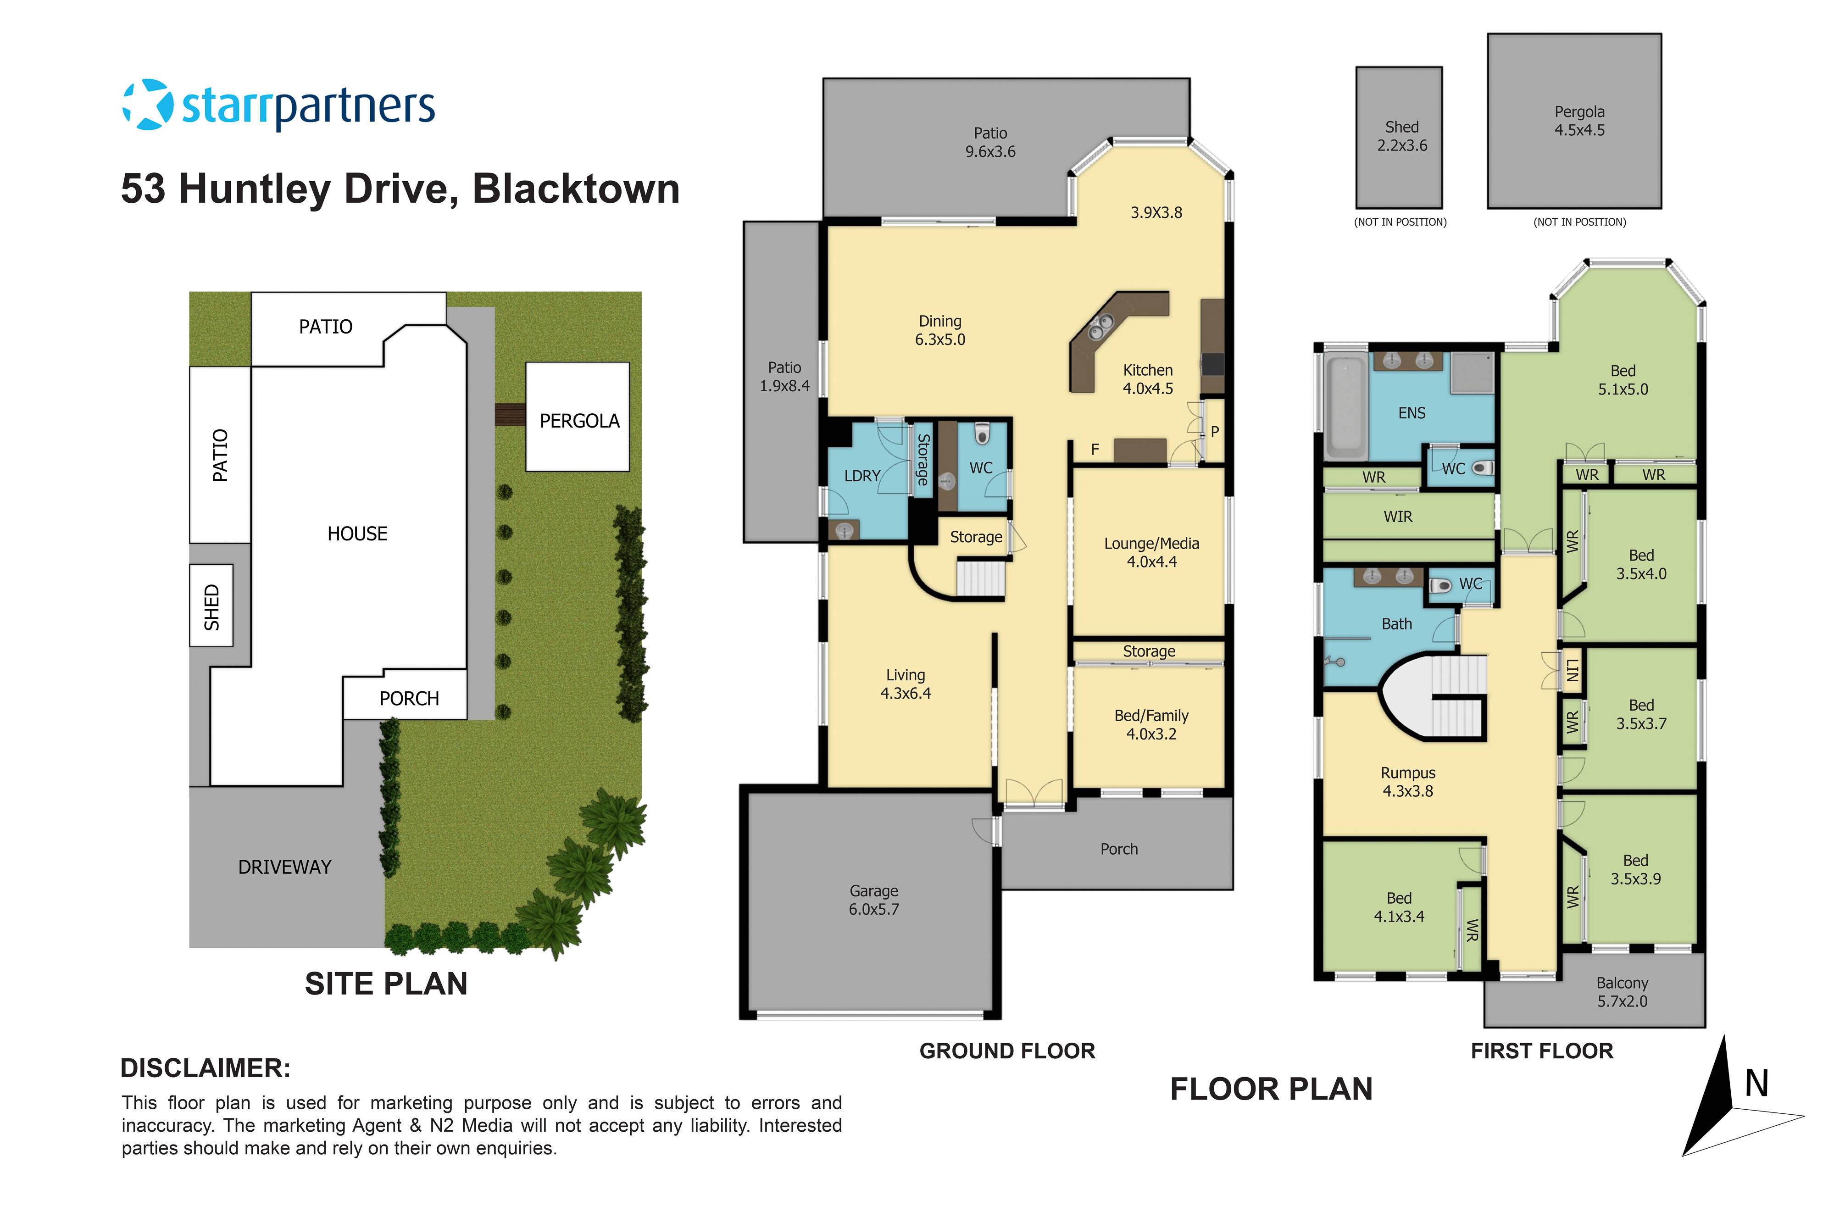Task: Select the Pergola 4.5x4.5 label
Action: click(1579, 121)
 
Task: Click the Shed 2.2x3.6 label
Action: click(1401, 136)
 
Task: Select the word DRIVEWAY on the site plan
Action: click(284, 867)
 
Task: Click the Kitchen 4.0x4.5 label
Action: click(1147, 379)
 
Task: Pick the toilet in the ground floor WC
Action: click(982, 434)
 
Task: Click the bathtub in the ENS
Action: click(1347, 406)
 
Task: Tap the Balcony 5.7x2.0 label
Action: click(1622, 992)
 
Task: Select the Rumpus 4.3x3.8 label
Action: click(1407, 782)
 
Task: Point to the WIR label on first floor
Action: click(1397, 517)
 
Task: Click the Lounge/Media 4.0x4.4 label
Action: click(1151, 552)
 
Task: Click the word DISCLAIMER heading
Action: click(205, 1068)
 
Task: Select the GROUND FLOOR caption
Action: click(1006, 1051)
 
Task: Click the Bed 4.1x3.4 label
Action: click(1398, 907)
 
